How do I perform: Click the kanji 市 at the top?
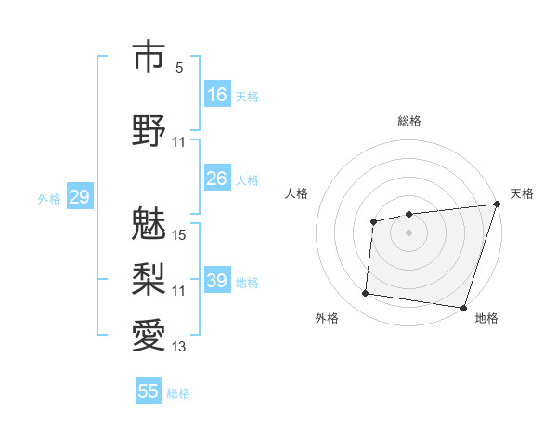148,57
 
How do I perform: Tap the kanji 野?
148,129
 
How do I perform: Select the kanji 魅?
148,222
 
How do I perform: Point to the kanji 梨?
148,278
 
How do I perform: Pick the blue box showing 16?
217,95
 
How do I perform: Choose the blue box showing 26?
217,179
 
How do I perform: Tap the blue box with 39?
217,281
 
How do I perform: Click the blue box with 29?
79,197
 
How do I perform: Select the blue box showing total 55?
149,391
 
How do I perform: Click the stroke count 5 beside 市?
179,68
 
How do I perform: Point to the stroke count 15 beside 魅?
179,235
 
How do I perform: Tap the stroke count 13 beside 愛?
179,347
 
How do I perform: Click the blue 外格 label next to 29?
49,198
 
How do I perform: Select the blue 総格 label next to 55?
178,392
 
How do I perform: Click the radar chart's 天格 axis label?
522,193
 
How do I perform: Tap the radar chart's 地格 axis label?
486,318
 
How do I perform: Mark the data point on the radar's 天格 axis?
497,205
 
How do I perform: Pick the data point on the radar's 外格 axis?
366,294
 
